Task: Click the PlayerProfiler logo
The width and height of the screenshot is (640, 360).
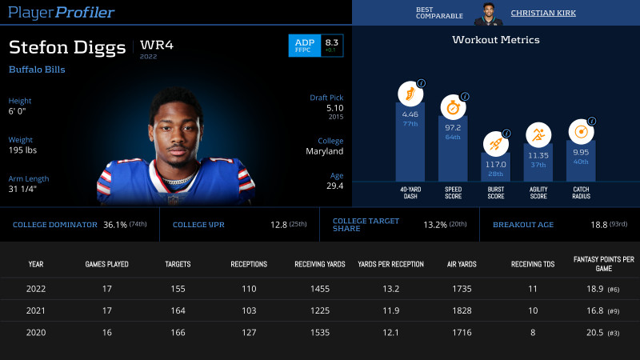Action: tap(62, 13)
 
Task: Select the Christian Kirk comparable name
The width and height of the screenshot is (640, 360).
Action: tap(542, 13)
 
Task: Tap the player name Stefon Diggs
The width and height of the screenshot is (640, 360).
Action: tap(67, 47)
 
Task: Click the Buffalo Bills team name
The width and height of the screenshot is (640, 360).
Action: tap(37, 70)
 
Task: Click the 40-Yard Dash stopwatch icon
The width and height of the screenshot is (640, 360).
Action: tap(410, 93)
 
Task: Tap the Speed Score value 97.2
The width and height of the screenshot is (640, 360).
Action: tap(453, 127)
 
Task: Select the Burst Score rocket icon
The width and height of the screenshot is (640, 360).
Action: tap(495, 143)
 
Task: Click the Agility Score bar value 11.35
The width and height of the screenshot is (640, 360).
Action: tap(538, 155)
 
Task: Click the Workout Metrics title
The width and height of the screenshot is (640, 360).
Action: tap(495, 39)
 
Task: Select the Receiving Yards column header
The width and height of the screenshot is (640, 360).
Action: tap(319, 264)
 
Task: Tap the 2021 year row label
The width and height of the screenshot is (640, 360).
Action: tap(36, 310)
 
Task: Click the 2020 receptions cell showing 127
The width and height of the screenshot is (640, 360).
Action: tap(249, 332)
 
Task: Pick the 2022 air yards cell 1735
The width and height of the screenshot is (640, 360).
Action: tap(462, 289)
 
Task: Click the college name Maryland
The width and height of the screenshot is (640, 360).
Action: tap(325, 150)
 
